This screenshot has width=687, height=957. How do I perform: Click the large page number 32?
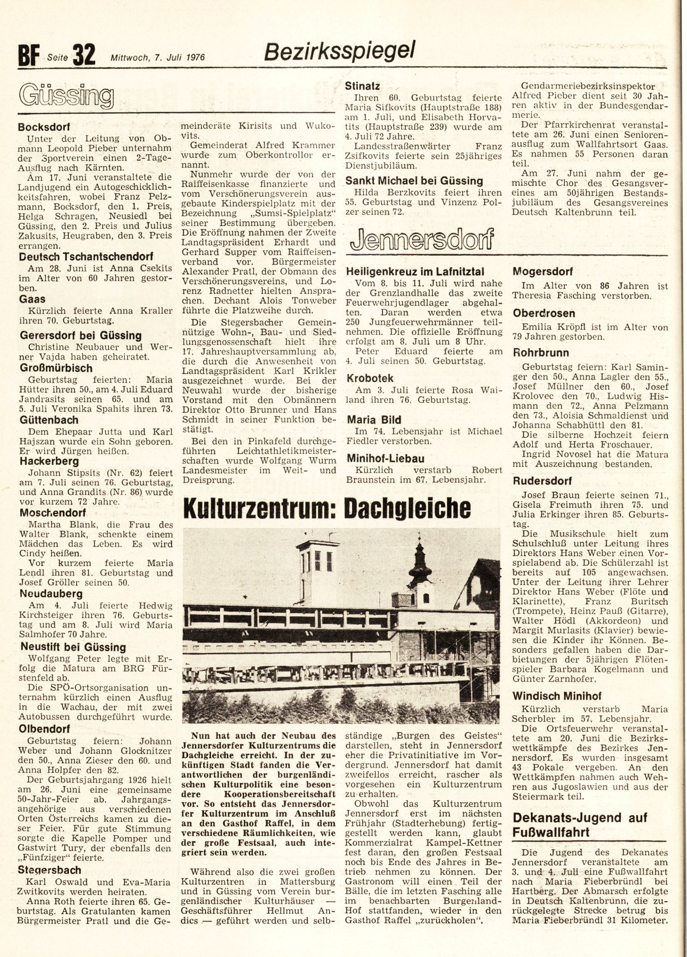click(x=84, y=55)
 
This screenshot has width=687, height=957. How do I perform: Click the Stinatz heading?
click(x=362, y=85)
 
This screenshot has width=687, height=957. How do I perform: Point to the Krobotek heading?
click(x=369, y=378)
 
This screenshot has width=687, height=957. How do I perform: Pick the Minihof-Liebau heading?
click(x=385, y=458)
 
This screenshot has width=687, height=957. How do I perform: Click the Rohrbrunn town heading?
click(x=541, y=352)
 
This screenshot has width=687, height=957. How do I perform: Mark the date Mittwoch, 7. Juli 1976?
click(x=158, y=57)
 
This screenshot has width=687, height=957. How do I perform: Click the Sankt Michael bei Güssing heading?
click(x=414, y=180)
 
